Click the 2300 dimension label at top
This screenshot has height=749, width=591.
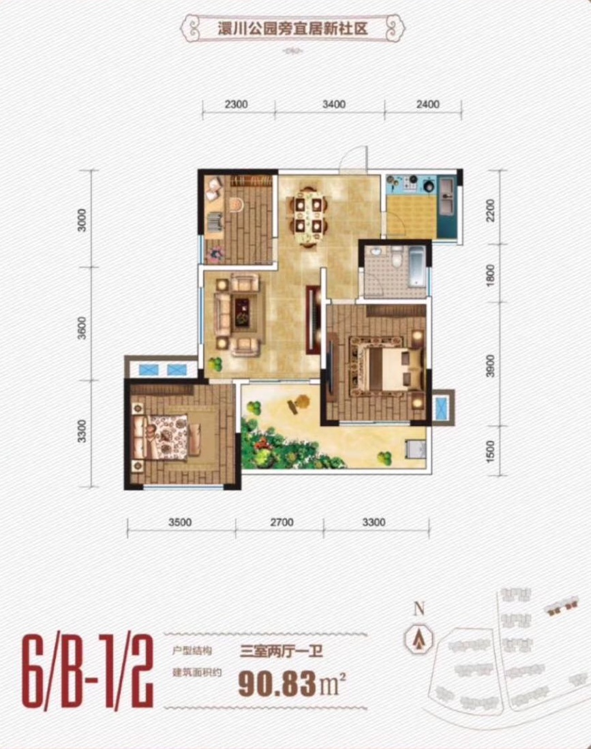click(237, 104)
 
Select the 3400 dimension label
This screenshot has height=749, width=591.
click(333, 104)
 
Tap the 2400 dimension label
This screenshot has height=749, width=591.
click(427, 104)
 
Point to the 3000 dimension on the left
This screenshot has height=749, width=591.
click(82, 219)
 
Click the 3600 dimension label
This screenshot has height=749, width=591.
click(82, 328)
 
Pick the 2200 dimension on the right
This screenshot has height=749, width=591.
click(490, 211)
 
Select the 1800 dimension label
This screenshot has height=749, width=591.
click(490, 275)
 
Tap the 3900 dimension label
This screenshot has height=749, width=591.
click(490, 365)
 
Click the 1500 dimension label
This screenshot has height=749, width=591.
click(490, 451)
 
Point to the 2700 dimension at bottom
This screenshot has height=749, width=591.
click(282, 522)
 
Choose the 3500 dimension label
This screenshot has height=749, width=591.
click(180, 522)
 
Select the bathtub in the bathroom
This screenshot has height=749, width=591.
click(417, 266)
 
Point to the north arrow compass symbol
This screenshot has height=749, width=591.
click(419, 638)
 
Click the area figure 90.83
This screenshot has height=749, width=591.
click(277, 684)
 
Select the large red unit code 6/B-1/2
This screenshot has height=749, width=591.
click(87, 671)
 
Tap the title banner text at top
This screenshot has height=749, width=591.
click(292, 28)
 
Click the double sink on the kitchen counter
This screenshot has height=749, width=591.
click(447, 195)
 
